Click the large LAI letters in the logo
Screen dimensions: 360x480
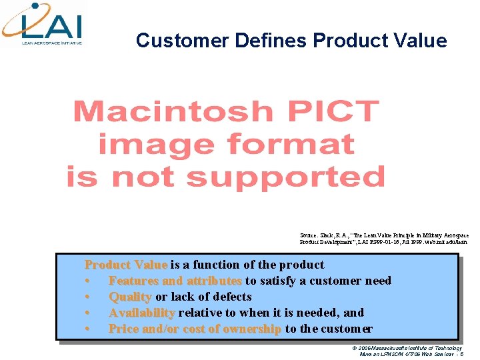[x=52, y=26]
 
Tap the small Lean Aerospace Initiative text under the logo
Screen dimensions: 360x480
[x=52, y=42]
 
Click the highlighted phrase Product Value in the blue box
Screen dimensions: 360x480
[x=126, y=265]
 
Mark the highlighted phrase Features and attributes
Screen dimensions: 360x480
[x=175, y=281]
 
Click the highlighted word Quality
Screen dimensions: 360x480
[x=130, y=297]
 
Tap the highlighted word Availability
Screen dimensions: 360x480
[x=141, y=313]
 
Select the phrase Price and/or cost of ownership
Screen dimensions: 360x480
[x=195, y=329]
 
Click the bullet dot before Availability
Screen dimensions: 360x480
[x=87, y=313]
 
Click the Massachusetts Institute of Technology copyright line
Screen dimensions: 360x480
[x=409, y=347]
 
